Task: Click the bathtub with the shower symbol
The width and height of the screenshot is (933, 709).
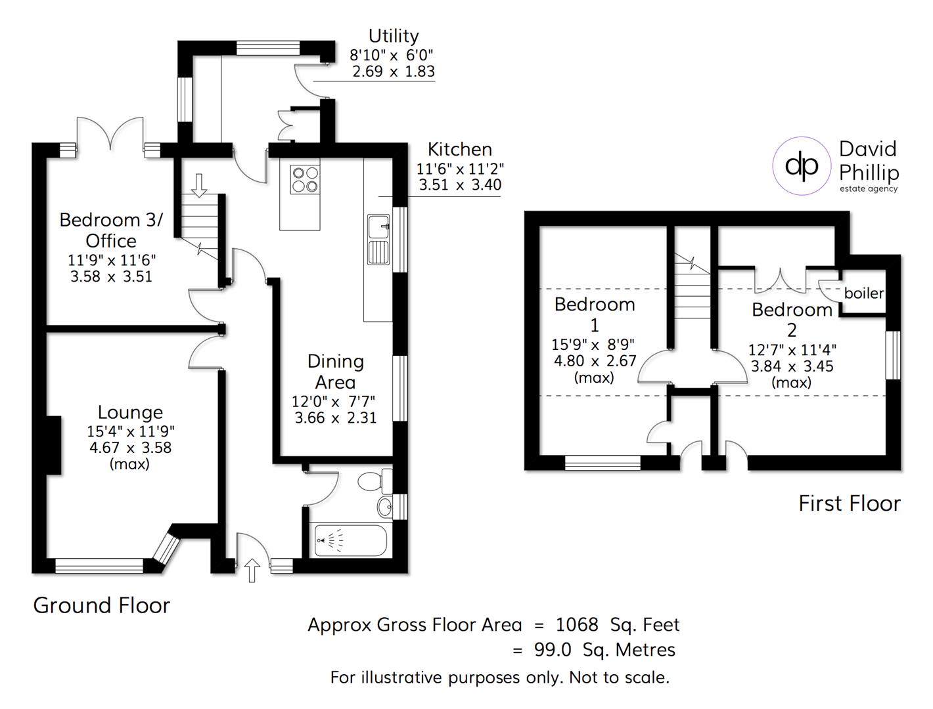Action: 350,540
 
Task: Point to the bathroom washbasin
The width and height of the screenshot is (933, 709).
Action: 385,506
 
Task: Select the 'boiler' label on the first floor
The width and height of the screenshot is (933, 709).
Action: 863,293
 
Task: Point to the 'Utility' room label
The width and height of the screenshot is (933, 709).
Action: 393,35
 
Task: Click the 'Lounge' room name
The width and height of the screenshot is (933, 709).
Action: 130,412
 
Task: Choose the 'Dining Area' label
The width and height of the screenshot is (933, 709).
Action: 335,372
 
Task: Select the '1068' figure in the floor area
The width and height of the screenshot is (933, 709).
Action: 577,624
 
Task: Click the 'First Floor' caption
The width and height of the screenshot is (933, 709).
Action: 849,504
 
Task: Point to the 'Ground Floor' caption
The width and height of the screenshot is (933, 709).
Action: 101,605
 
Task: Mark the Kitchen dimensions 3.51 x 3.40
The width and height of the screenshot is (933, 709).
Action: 460,185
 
